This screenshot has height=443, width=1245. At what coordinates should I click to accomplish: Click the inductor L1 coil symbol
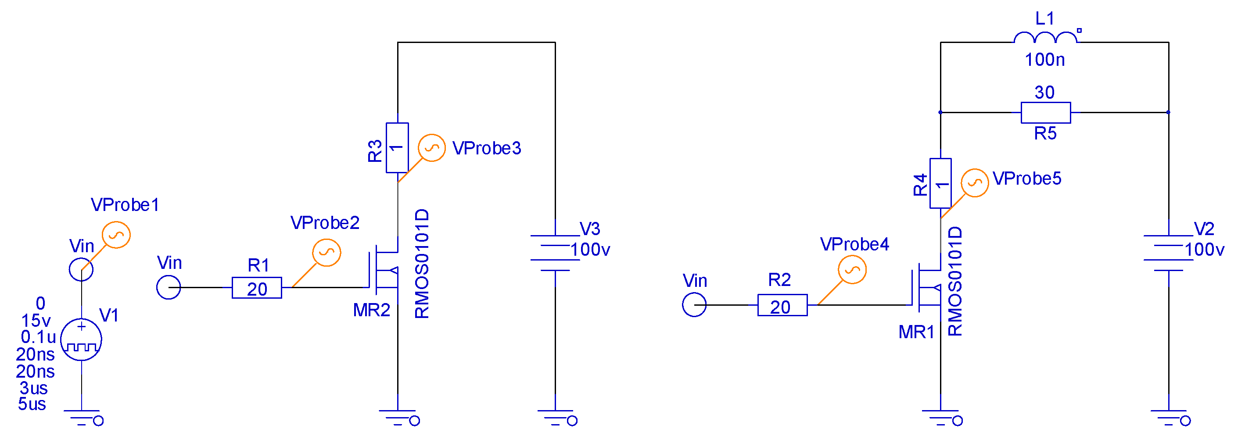[1044, 38]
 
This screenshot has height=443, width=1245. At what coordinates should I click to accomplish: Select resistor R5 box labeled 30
[1045, 113]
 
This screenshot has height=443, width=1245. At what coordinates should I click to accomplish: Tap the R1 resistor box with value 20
[257, 288]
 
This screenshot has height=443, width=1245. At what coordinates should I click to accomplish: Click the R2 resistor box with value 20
[782, 305]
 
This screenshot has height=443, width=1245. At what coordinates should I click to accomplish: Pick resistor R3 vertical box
[397, 147]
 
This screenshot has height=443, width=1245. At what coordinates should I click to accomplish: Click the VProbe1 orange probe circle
[116, 235]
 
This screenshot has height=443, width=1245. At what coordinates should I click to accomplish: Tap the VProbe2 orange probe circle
[326, 253]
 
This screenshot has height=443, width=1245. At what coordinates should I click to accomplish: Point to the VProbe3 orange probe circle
[431, 148]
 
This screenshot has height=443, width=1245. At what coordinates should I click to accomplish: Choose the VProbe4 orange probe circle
[852, 270]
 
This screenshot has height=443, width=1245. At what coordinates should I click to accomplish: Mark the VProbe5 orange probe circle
[975, 183]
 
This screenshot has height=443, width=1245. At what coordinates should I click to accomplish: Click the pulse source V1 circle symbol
[81, 339]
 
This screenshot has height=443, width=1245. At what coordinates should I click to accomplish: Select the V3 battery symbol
[555, 253]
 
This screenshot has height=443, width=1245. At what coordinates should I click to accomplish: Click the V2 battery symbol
[1168, 253]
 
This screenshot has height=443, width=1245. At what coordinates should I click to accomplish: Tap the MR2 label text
[371, 310]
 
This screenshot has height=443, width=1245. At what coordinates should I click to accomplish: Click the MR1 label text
[916, 332]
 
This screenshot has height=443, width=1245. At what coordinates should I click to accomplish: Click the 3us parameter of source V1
[33, 388]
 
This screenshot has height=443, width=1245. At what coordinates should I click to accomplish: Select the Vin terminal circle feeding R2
[694, 305]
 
